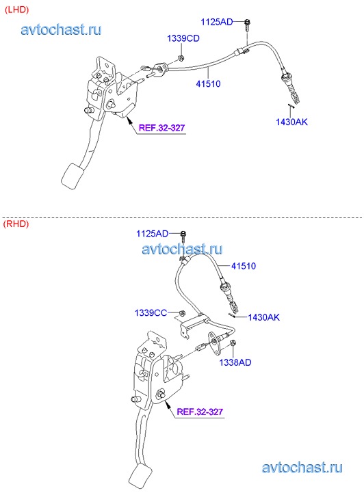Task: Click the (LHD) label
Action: pyautogui.click(x=16, y=10)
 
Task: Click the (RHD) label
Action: pyautogui.click(x=16, y=224)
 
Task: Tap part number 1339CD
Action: pyautogui.click(x=183, y=38)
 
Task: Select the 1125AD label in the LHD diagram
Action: pyautogui.click(x=217, y=22)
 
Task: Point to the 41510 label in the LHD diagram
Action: pyautogui.click(x=208, y=84)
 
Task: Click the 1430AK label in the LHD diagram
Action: pyautogui.click(x=291, y=122)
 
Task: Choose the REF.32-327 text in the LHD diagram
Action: pyautogui.click(x=162, y=128)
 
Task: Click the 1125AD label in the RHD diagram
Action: pyautogui.click(x=153, y=234)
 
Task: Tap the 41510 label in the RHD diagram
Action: pyautogui.click(x=244, y=266)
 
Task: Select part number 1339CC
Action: pyautogui.click(x=151, y=313)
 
